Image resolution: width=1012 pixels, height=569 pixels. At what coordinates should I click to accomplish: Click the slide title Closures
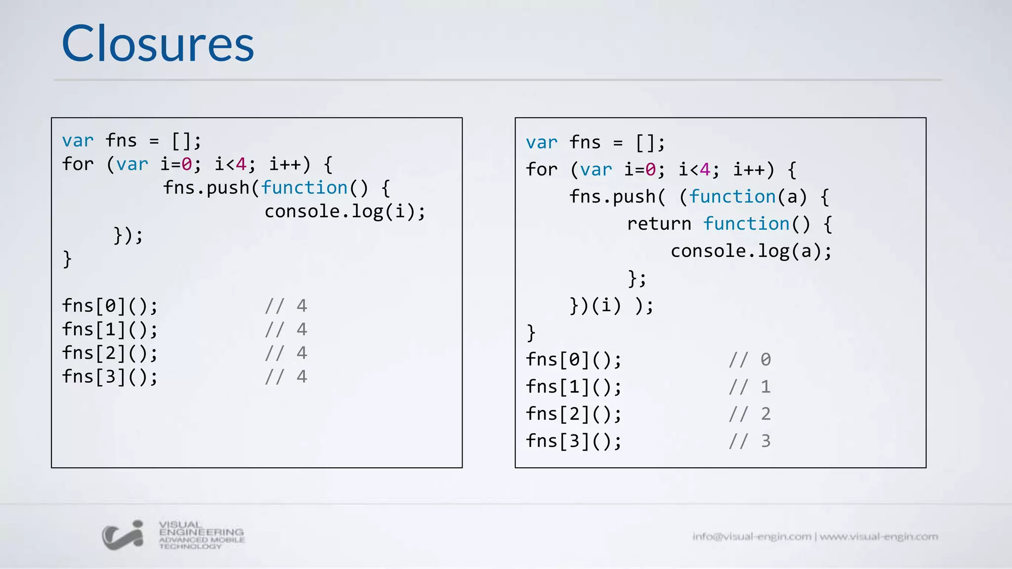(158, 44)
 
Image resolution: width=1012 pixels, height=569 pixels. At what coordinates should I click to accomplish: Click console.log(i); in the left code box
(344, 211)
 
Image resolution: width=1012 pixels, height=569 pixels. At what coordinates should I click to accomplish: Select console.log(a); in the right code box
(751, 251)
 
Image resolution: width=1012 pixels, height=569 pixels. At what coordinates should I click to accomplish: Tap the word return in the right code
(659, 224)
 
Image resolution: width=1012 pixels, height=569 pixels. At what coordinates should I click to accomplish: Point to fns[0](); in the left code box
(110, 306)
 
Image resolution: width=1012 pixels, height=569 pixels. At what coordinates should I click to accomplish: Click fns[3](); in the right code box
(573, 441)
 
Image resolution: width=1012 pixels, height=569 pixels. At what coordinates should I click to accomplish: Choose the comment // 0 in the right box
(750, 360)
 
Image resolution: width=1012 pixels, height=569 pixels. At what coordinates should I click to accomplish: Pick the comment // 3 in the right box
(750, 441)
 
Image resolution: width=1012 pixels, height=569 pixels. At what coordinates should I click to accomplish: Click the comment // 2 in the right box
(750, 414)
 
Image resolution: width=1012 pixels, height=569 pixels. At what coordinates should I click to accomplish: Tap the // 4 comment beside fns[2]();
(286, 353)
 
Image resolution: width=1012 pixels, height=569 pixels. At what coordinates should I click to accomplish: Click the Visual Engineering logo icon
(123, 535)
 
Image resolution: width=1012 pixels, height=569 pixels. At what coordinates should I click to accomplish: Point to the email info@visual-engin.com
(752, 536)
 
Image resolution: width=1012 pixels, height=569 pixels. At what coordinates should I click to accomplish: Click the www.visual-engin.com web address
(879, 536)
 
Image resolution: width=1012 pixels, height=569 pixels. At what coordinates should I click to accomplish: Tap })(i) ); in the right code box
(611, 305)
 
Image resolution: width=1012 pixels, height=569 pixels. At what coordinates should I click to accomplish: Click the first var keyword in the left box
(78, 141)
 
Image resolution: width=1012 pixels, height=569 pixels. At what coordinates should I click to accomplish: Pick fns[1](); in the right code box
(573, 387)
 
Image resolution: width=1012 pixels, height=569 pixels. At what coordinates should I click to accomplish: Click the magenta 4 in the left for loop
(241, 164)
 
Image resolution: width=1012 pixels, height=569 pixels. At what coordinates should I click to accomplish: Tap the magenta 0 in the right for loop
(651, 169)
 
